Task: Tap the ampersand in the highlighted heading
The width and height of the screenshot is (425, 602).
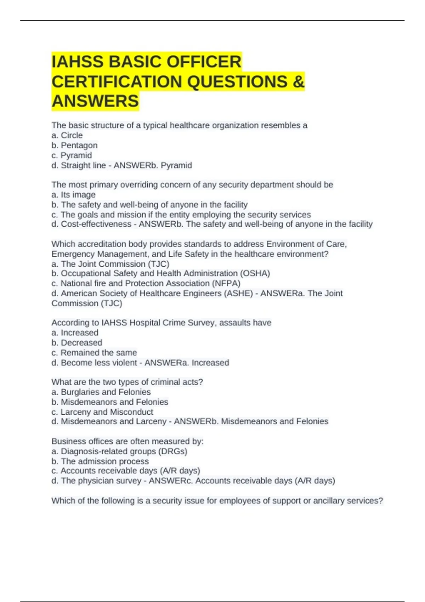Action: tap(299, 82)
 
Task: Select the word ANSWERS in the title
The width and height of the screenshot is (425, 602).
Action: tap(95, 101)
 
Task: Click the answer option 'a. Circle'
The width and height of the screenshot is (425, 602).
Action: tap(67, 135)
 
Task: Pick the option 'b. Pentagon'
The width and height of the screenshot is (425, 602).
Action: tap(74, 145)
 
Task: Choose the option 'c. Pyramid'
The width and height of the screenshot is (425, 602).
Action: tap(72, 155)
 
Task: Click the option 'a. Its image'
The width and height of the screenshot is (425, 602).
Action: tap(73, 194)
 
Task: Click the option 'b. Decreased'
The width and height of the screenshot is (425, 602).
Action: tap(77, 342)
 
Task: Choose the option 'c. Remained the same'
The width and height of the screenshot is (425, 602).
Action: tap(94, 352)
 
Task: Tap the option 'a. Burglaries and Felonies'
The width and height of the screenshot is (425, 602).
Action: tap(101, 392)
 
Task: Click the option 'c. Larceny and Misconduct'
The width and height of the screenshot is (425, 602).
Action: tap(102, 412)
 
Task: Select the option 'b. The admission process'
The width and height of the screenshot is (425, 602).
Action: tap(100, 461)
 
